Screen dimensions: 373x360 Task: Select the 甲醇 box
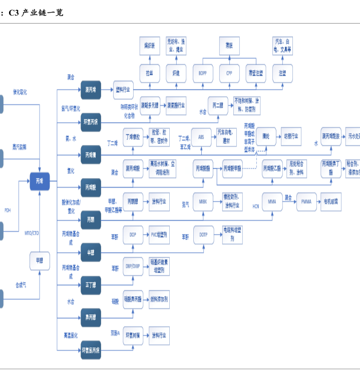pos(40,261)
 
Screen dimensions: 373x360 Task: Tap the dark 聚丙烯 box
pos(91,90)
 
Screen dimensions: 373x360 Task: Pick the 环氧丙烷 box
pos(91,122)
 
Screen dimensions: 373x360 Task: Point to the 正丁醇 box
pos(91,285)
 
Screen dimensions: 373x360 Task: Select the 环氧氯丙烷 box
pos(91,350)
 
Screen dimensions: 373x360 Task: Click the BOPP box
pos(203,73)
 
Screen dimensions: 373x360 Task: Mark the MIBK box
pos(203,202)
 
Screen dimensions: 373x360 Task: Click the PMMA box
pos(306,202)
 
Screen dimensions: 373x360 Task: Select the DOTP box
pos(203,234)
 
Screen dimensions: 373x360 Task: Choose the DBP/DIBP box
pos(133,266)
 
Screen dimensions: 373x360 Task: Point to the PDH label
pos(7,210)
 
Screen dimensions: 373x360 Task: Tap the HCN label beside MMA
pos(255,206)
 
